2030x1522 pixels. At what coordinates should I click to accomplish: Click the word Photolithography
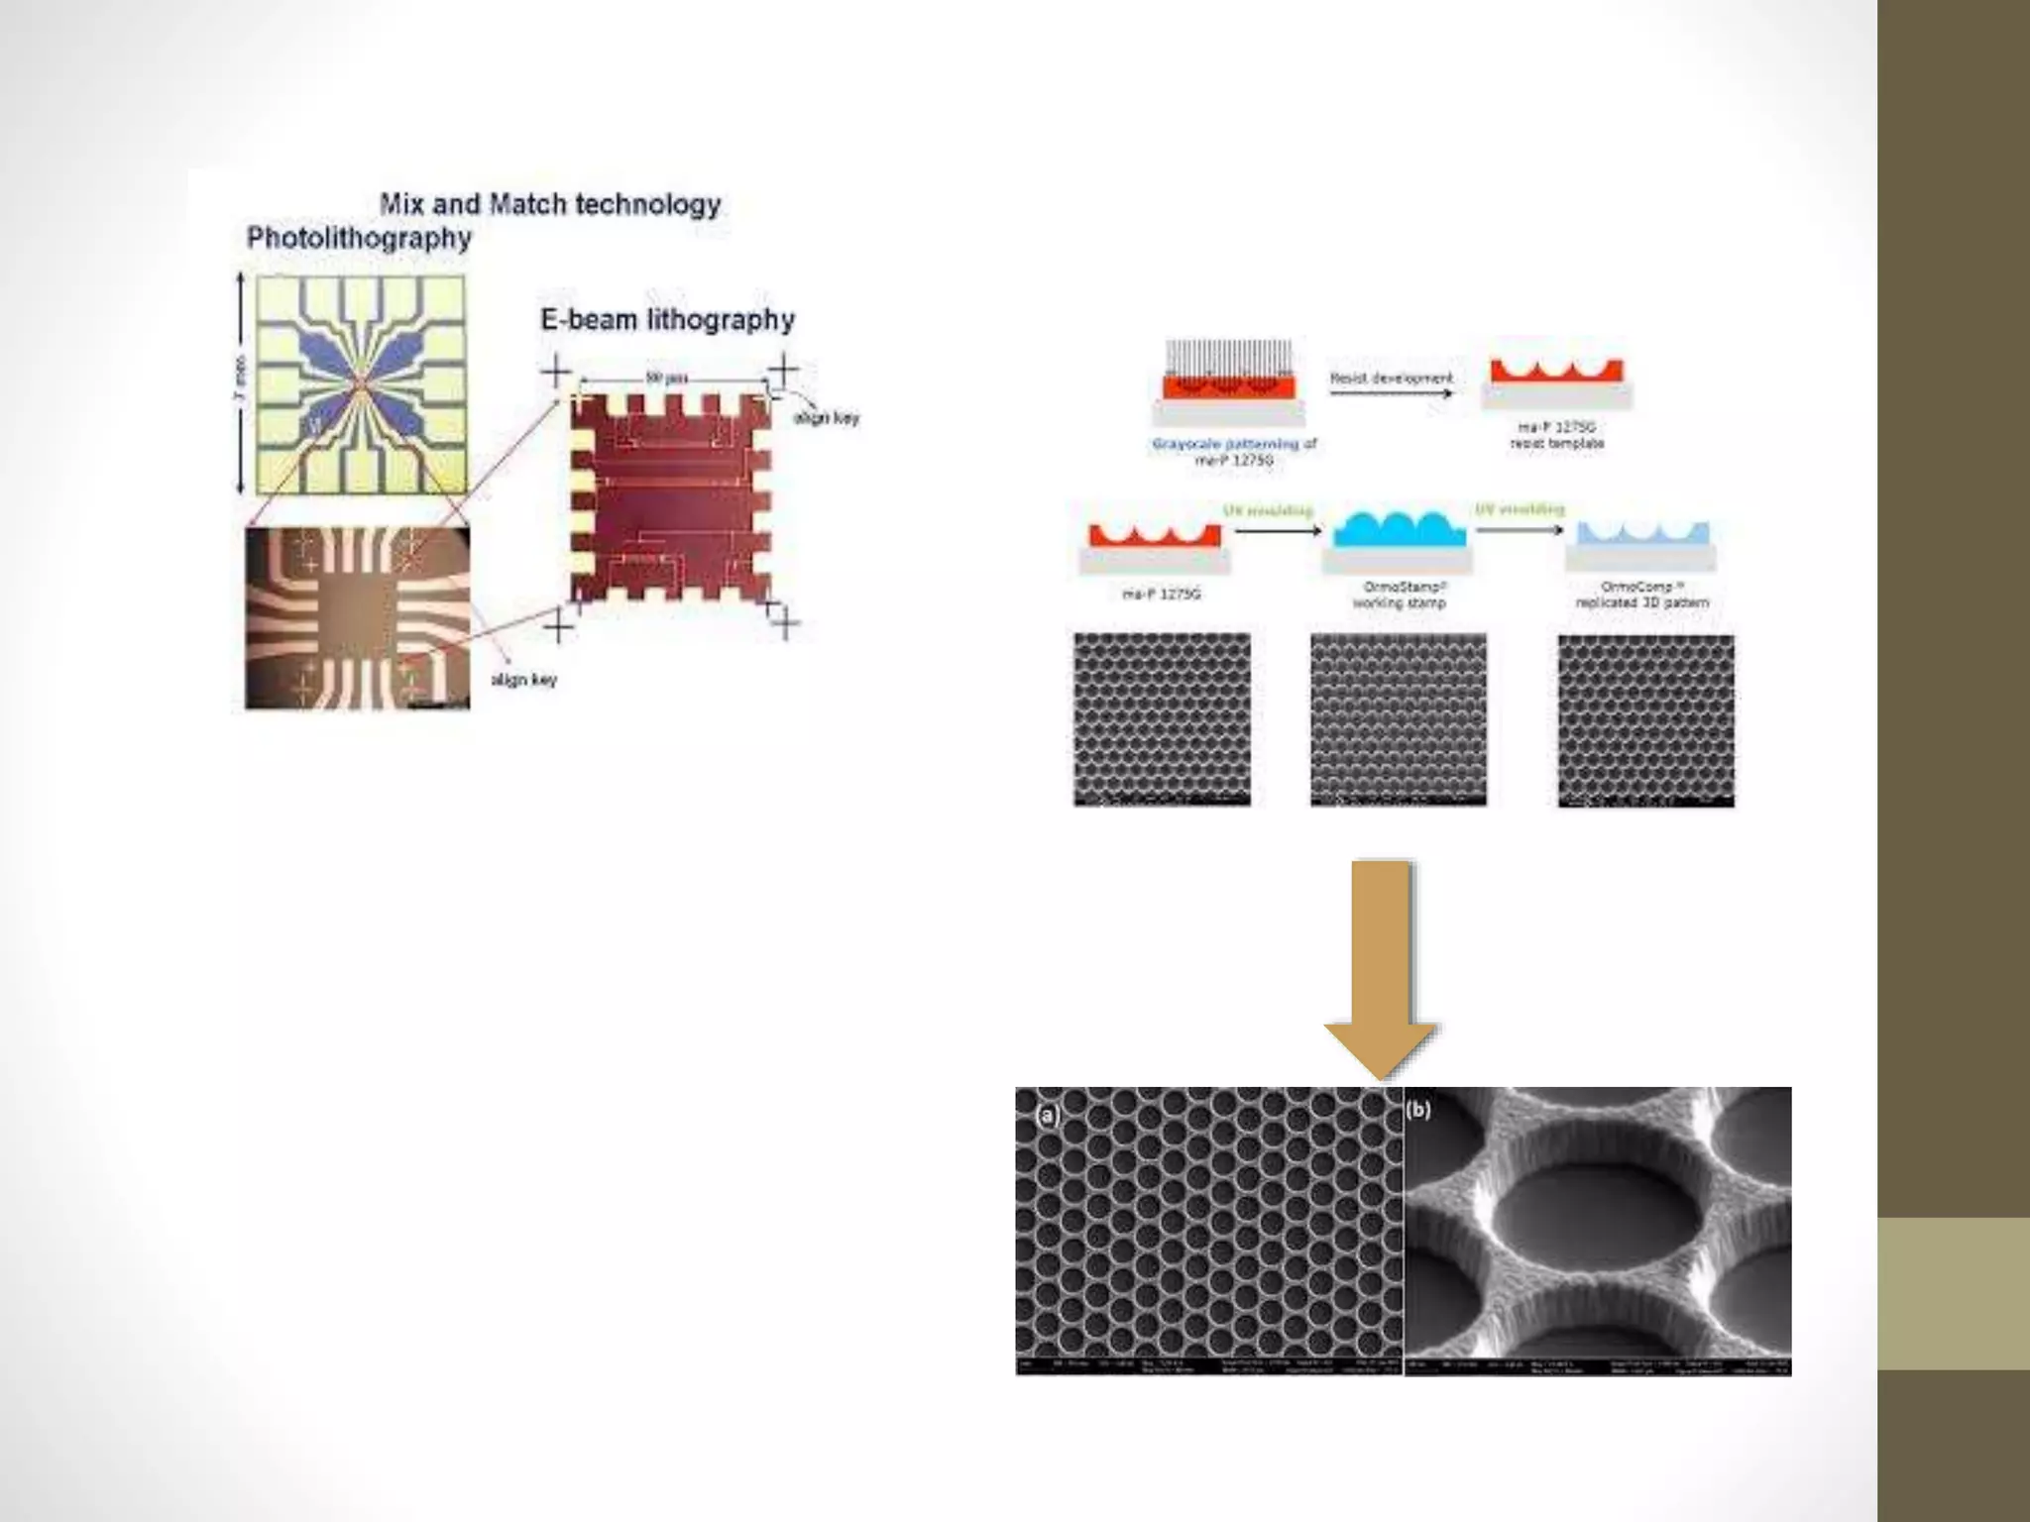359,239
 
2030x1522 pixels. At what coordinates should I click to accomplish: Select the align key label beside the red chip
826,418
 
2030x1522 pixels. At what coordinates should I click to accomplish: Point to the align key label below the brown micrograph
523,680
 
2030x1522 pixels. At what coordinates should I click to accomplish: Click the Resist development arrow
1390,393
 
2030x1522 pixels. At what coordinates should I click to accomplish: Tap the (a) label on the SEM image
1047,1115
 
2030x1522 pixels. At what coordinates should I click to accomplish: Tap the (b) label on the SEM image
1418,1110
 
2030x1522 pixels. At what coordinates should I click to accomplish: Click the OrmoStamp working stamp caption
1399,595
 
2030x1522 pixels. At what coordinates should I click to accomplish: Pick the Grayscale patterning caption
1234,452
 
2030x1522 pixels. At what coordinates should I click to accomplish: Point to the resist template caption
1556,435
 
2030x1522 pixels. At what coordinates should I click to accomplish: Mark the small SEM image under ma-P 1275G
1162,719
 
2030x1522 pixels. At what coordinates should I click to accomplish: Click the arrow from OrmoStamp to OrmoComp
1519,530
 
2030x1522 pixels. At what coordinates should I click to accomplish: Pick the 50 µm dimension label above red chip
667,378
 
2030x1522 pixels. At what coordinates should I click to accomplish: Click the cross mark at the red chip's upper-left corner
557,374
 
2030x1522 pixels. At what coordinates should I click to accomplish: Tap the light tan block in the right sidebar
1954,1293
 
